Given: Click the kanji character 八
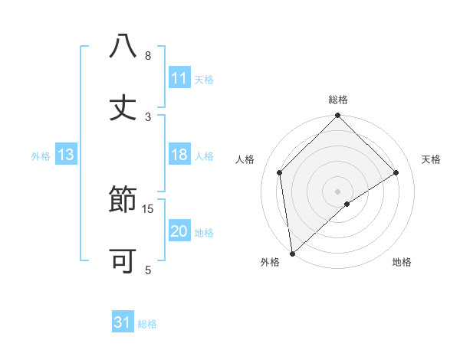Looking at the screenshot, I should click(123, 47).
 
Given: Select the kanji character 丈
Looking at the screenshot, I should click(123, 108).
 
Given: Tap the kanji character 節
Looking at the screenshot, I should click(123, 201).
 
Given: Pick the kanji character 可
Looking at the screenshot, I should click(123, 262).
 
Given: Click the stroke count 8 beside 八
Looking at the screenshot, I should click(148, 56).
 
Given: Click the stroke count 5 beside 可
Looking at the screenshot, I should click(148, 270).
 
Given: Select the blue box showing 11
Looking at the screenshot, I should click(179, 78).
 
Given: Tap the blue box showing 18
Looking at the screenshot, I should click(179, 155).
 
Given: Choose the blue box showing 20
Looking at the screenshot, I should click(179, 232).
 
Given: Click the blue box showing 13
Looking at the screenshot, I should click(66, 155).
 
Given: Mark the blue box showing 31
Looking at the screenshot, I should click(123, 323).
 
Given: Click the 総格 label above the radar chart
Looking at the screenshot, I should click(338, 100).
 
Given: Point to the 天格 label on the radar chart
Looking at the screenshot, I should click(432, 159).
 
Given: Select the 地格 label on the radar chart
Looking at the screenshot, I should click(402, 262).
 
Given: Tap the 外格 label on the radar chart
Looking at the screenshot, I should click(270, 262).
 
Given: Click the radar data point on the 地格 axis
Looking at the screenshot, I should click(347, 204).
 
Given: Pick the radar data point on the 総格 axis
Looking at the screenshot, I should click(338, 116).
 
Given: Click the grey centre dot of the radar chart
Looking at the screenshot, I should click(338, 191).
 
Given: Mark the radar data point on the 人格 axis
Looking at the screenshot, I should click(280, 172).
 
